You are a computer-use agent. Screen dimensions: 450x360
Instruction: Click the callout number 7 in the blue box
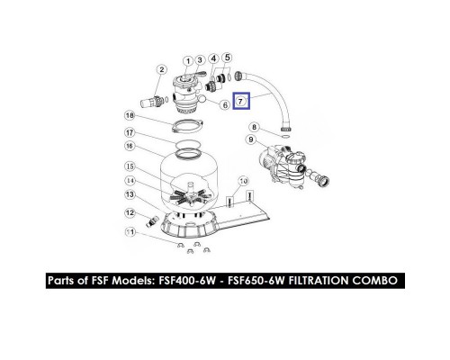(x=240, y=101)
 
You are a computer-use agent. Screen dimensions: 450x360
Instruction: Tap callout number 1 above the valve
(x=188, y=61)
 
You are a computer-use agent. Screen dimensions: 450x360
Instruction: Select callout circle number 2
(x=162, y=69)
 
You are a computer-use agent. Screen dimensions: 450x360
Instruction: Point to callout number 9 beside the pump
(x=251, y=139)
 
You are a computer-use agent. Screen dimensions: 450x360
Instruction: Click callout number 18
(x=130, y=115)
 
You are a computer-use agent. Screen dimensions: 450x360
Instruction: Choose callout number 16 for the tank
(x=130, y=146)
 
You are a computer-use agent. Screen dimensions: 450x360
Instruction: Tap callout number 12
(x=130, y=213)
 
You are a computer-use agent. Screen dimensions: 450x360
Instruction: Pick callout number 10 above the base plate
(x=243, y=181)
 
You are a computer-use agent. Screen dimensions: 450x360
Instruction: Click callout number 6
(x=225, y=105)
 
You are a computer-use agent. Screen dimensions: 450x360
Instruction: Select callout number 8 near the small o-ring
(x=255, y=127)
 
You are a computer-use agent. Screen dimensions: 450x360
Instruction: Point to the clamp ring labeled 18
(x=188, y=125)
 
